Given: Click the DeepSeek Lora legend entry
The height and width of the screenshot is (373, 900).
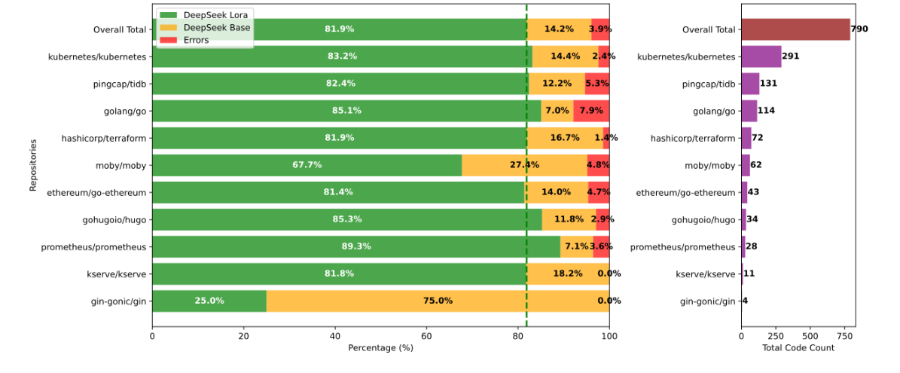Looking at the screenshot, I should click(203, 15).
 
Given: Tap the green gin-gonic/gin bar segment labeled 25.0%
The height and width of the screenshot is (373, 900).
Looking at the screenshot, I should click(209, 301).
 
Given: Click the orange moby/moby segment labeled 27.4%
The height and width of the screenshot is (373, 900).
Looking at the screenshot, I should click(524, 165).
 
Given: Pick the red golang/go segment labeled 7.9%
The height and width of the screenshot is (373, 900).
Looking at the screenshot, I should click(591, 111).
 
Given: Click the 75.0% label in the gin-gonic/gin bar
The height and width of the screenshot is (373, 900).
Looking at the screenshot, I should click(438, 301).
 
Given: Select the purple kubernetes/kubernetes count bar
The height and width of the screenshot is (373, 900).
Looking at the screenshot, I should click(761, 57).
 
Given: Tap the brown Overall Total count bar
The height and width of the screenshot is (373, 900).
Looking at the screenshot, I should click(795, 29).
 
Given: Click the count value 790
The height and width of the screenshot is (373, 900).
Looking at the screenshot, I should click(860, 29).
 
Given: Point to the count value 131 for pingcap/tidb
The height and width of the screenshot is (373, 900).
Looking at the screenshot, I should click(769, 84).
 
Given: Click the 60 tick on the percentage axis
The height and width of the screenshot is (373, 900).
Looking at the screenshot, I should click(426, 337).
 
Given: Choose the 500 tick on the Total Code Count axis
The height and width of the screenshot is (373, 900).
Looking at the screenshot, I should click(810, 337).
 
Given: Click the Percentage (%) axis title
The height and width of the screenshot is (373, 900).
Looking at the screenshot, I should click(380, 348).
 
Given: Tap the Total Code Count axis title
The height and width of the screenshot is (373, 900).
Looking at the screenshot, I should click(798, 348).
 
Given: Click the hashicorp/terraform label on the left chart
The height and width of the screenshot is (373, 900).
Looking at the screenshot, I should click(104, 138).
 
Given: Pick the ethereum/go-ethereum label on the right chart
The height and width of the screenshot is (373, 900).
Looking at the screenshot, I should click(685, 192).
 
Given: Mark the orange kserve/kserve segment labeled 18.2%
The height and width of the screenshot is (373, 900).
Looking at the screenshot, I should click(567, 274).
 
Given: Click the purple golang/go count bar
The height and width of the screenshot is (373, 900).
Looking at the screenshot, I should click(749, 111).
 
